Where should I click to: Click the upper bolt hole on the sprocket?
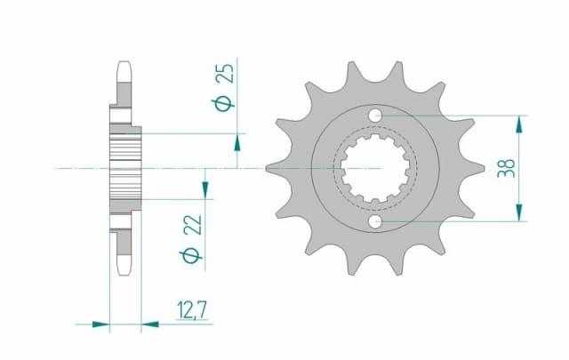pos(376,115)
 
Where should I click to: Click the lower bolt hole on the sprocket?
pos(376,220)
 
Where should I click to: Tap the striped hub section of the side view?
pos(125,167)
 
